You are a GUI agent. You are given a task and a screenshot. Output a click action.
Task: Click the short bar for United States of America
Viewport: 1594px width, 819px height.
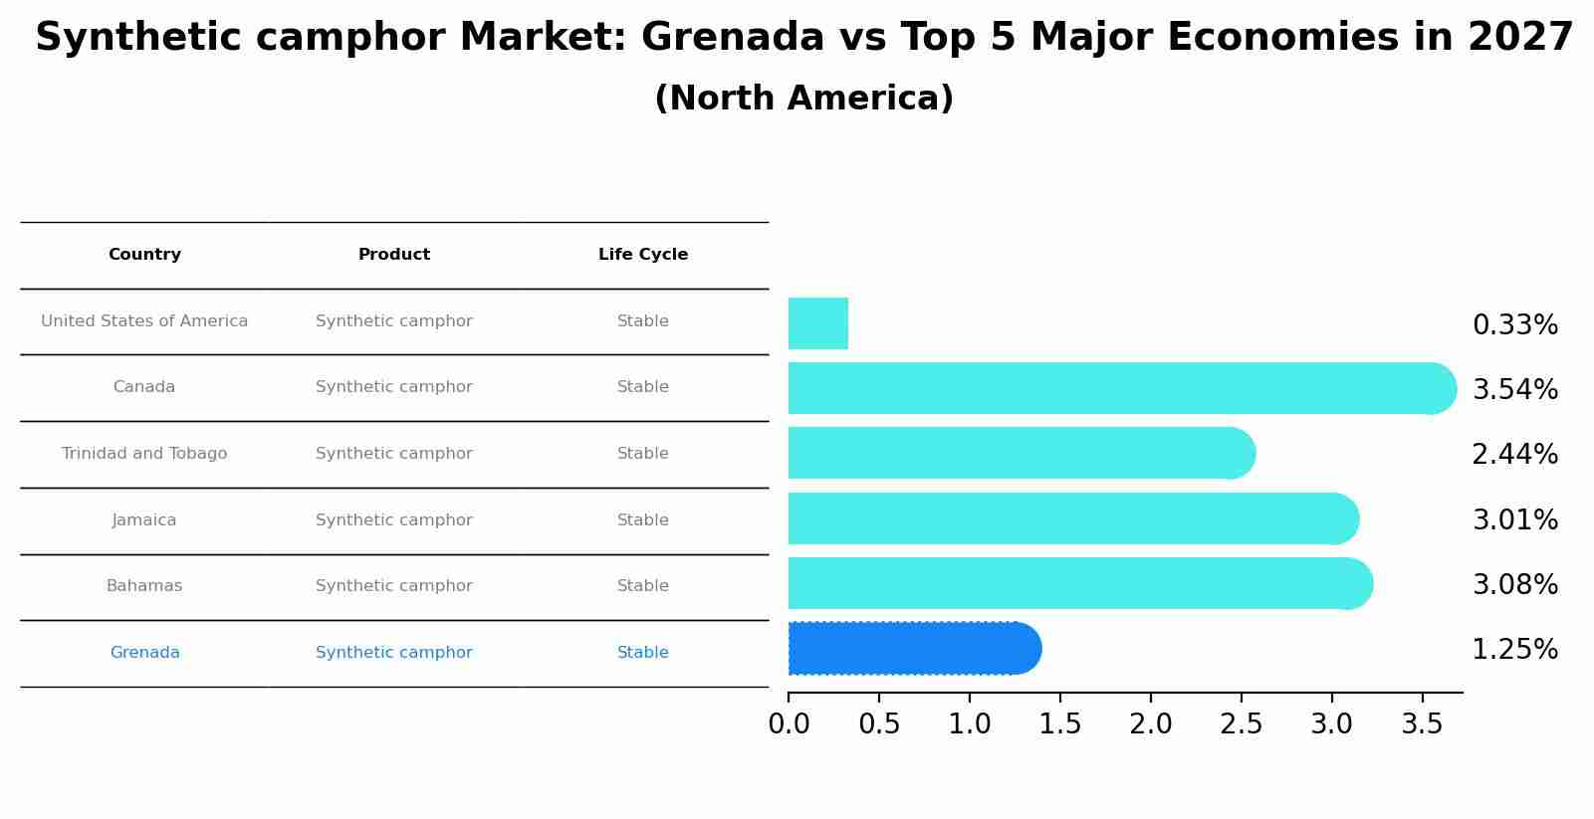817,323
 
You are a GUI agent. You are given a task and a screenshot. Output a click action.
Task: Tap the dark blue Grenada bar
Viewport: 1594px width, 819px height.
911,649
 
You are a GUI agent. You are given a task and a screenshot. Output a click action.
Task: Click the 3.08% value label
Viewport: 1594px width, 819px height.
1514,585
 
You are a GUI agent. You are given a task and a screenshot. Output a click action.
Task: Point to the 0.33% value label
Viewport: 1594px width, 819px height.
1514,325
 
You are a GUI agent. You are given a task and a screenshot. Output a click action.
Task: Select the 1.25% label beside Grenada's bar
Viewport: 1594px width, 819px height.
1514,650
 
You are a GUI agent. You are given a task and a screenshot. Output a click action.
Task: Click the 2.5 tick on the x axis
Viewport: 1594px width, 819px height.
1241,724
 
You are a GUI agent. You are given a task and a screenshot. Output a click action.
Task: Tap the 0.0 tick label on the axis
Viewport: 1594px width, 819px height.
789,724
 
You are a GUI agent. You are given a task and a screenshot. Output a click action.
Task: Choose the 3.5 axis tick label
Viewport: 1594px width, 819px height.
1422,724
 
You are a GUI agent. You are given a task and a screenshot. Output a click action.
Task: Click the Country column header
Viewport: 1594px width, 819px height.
144,255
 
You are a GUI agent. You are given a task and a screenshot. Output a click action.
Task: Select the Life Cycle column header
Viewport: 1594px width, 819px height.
643,255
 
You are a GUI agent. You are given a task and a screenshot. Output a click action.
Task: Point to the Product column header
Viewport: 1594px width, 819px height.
394,255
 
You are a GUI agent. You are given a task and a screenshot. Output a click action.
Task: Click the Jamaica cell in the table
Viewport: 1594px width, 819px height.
144,520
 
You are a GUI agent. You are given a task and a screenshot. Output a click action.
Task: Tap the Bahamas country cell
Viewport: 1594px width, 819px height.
144,586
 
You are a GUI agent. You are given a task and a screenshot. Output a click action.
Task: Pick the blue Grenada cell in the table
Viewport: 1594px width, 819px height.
144,653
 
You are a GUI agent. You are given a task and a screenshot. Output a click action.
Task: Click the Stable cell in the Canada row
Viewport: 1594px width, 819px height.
643,387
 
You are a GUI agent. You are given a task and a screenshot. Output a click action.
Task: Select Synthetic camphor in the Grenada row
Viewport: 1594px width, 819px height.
394,653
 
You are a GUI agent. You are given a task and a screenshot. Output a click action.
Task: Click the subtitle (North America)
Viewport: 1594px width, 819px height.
803,99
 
